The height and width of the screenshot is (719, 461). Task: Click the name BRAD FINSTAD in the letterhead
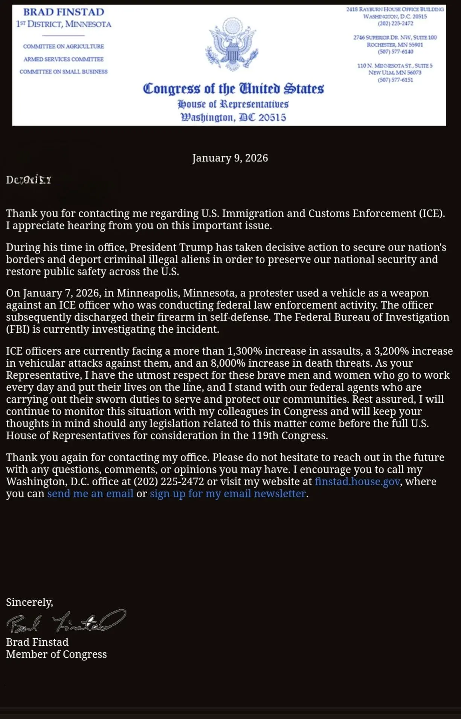(x=64, y=12)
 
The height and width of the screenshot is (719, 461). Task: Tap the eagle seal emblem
(x=232, y=45)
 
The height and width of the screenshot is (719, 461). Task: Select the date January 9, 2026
(x=230, y=158)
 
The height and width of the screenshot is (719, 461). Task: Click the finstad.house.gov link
(x=357, y=481)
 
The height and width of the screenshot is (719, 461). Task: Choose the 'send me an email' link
(x=90, y=493)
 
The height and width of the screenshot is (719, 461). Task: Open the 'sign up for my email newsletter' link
(x=228, y=493)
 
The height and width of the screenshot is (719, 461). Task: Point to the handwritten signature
(x=66, y=622)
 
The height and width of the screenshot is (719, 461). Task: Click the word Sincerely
(x=29, y=602)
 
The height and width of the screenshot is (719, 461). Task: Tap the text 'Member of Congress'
(x=56, y=654)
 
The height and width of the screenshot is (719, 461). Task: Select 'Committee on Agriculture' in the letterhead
(x=63, y=46)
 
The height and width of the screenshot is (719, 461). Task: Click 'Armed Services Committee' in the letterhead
(x=63, y=59)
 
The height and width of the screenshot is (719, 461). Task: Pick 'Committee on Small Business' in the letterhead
(x=63, y=72)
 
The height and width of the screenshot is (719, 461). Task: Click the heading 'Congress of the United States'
(x=233, y=89)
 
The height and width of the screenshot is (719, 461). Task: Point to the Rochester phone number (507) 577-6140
(x=395, y=52)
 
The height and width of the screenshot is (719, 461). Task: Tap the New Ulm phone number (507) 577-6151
(x=395, y=80)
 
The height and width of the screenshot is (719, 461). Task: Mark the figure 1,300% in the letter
(x=244, y=351)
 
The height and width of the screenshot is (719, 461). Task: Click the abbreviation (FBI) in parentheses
(x=18, y=329)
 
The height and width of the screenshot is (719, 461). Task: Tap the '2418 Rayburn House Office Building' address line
(x=395, y=9)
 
